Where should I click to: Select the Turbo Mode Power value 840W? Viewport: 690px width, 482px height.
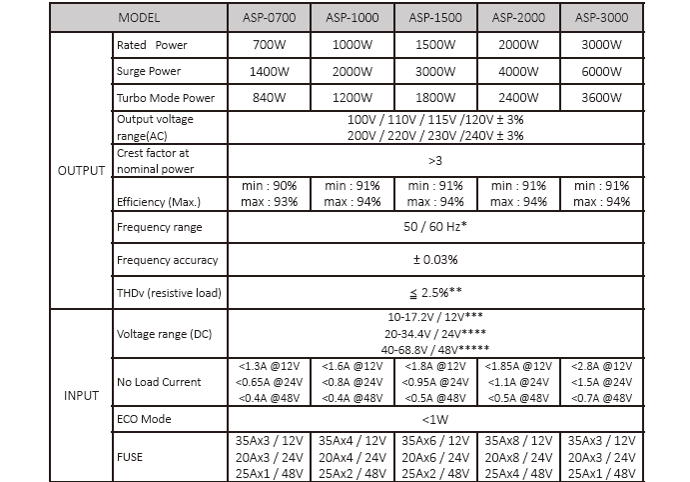pos(269,101)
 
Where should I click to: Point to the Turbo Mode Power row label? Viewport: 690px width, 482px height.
pos(165,101)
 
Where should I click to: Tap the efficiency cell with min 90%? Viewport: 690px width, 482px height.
pos(269,194)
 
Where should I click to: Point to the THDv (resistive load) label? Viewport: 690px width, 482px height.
pos(168,292)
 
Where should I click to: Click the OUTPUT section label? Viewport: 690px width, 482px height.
pos(80,169)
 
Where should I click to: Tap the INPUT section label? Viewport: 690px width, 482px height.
pos(81,395)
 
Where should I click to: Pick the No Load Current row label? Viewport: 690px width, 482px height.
pos(159,382)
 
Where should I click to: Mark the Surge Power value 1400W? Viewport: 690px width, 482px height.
pos(269,73)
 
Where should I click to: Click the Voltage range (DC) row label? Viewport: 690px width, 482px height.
pos(165,333)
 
